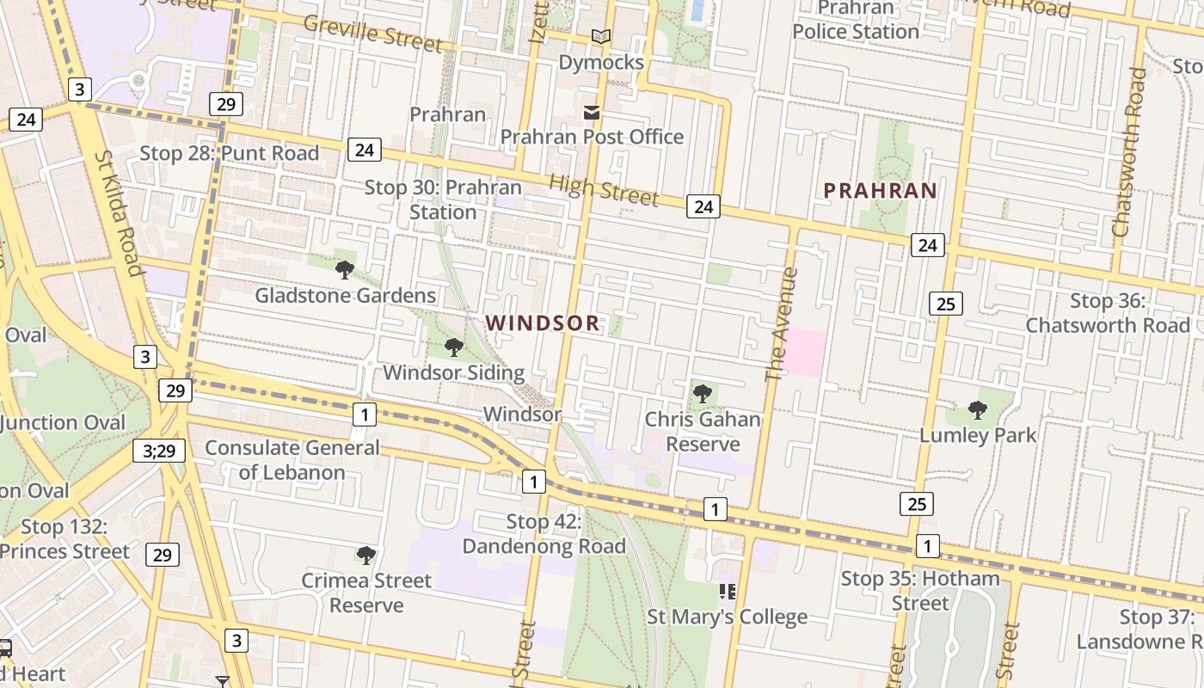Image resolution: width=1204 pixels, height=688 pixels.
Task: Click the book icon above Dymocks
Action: (x=601, y=36)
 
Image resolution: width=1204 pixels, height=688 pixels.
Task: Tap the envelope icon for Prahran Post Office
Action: (x=592, y=113)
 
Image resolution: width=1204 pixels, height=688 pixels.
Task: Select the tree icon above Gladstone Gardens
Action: (x=345, y=270)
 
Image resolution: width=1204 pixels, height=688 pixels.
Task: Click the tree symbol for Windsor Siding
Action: (x=453, y=347)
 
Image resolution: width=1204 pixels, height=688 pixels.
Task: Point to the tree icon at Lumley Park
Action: (x=978, y=410)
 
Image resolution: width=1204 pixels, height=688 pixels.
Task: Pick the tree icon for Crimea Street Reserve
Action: (x=366, y=556)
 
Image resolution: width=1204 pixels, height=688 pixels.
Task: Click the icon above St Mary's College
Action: (x=728, y=592)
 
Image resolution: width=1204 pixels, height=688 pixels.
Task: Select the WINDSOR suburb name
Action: (x=543, y=323)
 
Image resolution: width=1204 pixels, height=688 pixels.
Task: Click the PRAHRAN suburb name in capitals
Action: (x=880, y=190)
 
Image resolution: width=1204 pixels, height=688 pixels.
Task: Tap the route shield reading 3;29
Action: (x=159, y=451)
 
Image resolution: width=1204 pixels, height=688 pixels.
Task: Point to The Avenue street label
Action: (x=777, y=324)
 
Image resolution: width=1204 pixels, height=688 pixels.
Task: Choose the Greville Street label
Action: (x=373, y=34)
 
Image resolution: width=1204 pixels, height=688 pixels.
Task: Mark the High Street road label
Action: (x=604, y=189)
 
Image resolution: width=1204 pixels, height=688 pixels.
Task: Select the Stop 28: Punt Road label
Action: (x=230, y=154)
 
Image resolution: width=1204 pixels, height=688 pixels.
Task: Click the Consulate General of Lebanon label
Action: (x=292, y=460)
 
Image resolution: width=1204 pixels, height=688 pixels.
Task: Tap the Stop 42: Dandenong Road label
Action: (x=544, y=534)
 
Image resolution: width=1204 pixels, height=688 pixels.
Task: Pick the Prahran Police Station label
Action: (x=856, y=20)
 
